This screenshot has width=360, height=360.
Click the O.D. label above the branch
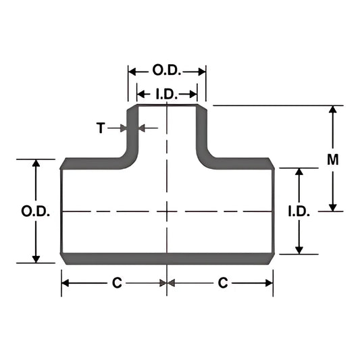(167, 70)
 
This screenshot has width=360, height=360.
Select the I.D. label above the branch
(167, 93)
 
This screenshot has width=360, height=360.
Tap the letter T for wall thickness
(101, 127)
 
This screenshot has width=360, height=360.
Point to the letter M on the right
(332, 159)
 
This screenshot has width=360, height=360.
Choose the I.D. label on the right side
(299, 211)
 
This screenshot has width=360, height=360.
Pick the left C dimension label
(116, 284)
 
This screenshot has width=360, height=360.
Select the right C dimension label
(223, 284)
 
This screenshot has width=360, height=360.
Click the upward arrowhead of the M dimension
(332, 111)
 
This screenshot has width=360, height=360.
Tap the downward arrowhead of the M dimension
(332, 206)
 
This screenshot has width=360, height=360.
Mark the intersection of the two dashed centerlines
(167, 211)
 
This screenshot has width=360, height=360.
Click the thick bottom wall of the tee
(167, 257)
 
